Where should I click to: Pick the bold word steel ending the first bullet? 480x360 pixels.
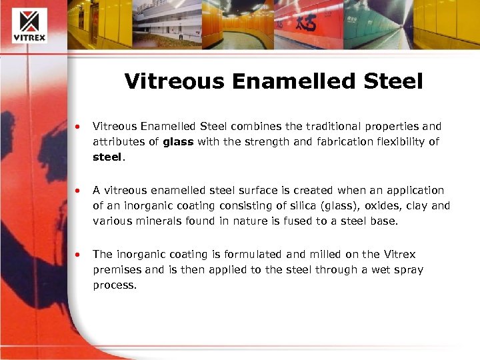tap(107, 157)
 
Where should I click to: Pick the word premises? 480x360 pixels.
tap(119, 270)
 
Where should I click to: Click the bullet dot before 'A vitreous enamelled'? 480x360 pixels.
tap(79, 191)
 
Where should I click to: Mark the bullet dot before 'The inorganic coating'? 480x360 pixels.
tap(79, 255)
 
